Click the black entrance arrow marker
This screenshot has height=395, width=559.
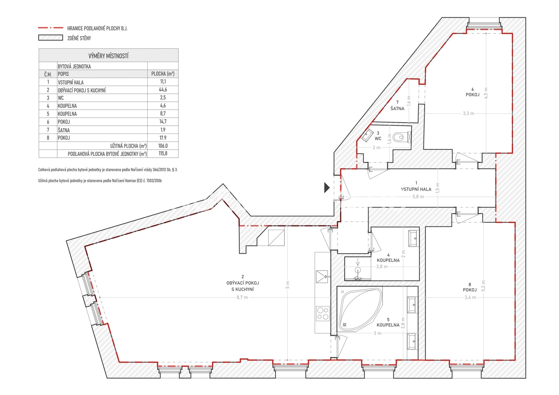coord(327,187)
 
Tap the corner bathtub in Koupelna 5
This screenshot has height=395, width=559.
coord(360,310)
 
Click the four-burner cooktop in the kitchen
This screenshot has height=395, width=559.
coord(323,313)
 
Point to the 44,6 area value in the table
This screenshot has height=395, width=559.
coord(163,90)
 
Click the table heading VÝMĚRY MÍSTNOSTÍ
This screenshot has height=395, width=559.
coord(108,56)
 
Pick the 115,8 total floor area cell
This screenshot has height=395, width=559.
coord(163,153)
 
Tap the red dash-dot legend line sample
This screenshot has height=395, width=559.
coord(51,28)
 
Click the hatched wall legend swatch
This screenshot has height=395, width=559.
coord(51,38)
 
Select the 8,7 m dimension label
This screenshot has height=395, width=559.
coord(242,297)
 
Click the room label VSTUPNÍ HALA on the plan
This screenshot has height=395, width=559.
coord(416,189)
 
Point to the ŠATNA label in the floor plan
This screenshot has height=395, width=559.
coord(397,109)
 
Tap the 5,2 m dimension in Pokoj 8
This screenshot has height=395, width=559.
coord(484,286)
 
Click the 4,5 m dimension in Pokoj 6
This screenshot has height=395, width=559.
coord(486,93)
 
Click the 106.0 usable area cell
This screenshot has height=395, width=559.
coord(163,146)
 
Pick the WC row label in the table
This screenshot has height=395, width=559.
coord(61,98)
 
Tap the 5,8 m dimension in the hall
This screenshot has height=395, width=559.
coord(418,197)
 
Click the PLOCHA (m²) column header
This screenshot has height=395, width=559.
coord(163,74)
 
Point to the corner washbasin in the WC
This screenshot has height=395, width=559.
coord(367,135)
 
